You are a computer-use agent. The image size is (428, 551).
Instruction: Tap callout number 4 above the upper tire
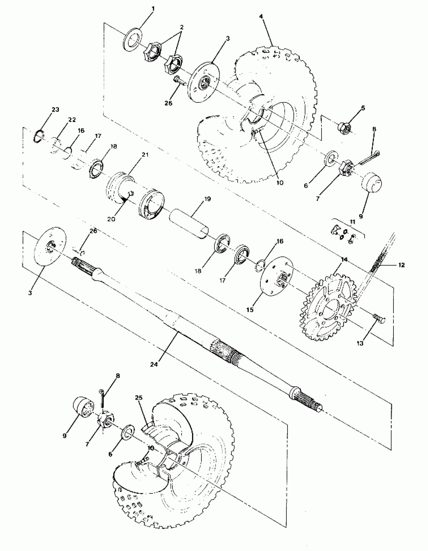coord(261,16)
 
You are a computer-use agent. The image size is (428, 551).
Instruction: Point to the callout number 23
coord(55,110)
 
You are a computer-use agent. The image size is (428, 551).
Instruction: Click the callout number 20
coord(111,219)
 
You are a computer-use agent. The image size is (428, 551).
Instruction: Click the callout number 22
coord(72,119)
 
